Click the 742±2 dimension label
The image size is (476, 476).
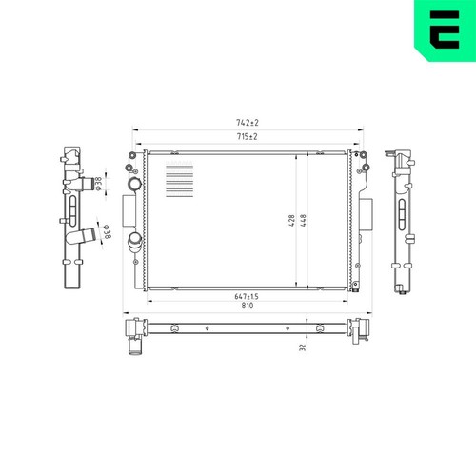click(x=248, y=123)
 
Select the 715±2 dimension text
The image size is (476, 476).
click(x=248, y=137)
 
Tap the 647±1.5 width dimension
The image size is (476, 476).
click(x=247, y=296)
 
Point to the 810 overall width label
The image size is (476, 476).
click(x=248, y=306)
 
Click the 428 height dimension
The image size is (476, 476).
click(x=292, y=221)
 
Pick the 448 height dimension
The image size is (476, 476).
click(x=303, y=221)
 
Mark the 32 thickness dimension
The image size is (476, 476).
click(x=303, y=347)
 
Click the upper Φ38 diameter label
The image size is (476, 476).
click(x=99, y=184)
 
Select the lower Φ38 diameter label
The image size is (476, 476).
click(x=107, y=232)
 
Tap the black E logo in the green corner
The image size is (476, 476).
click(x=445, y=30)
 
